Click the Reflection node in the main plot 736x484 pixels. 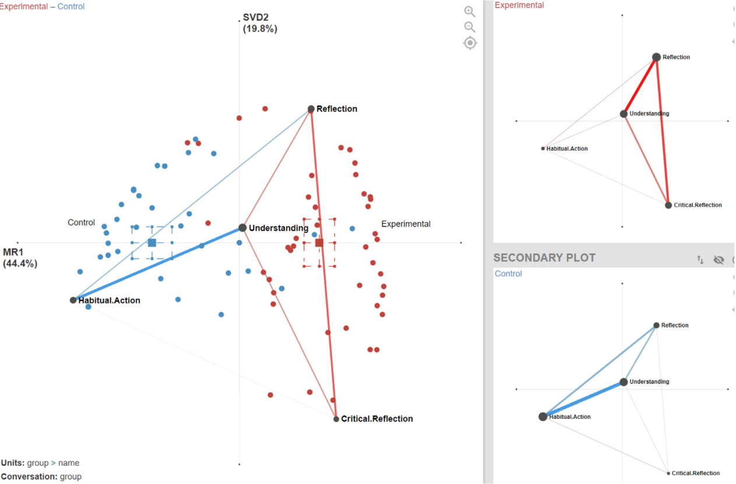tap(311, 109)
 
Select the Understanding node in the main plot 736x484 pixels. tap(242, 228)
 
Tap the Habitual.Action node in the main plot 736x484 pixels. tap(73, 300)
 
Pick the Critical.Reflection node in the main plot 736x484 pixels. tap(336, 419)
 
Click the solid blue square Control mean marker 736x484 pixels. tap(152, 243)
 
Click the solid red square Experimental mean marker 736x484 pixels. tap(319, 243)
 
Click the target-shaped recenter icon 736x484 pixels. tap(470, 43)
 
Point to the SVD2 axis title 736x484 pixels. tap(260, 23)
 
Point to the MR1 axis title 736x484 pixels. tap(20, 258)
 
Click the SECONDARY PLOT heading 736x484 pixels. tap(544, 258)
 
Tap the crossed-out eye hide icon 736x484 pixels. tap(719, 260)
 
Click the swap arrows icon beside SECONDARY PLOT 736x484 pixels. tap(700, 260)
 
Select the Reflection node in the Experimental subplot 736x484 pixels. tap(656, 57)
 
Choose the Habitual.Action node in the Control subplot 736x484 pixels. tap(543, 416)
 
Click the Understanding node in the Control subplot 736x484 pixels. tap(624, 382)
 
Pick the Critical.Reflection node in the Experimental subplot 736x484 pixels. tap(668, 205)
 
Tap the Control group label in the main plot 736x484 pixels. tap(81, 222)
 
